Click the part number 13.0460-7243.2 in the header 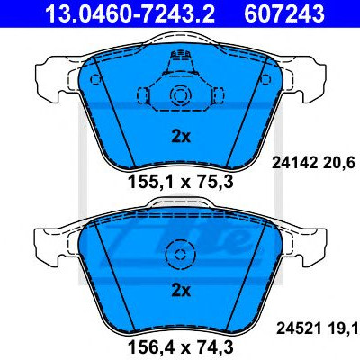(x=130, y=13)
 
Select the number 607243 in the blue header (x=284, y=13)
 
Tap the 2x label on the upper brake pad (x=181, y=137)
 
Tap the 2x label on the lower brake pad (x=181, y=291)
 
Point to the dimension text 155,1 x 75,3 (x=181, y=182)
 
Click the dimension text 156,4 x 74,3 (x=181, y=347)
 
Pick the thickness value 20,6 (x=338, y=163)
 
